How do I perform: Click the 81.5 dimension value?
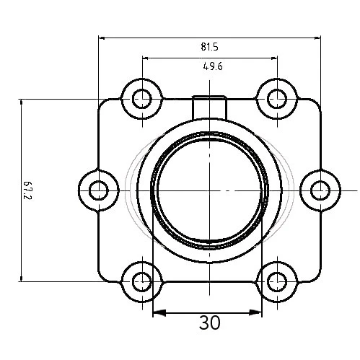(209, 47)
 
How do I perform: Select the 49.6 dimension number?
(211, 67)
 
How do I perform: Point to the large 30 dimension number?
(209, 322)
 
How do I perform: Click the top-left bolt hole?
(142, 97)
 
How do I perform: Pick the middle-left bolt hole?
(97, 190)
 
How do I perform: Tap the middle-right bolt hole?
(320, 190)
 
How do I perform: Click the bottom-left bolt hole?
(142, 281)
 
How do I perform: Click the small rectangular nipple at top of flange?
(209, 105)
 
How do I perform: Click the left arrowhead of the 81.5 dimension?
(102, 38)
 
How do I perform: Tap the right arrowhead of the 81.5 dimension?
(317, 38)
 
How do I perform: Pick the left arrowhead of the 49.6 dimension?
(146, 58)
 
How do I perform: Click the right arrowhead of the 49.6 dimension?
(273, 58)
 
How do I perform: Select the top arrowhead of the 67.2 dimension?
(22, 103)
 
